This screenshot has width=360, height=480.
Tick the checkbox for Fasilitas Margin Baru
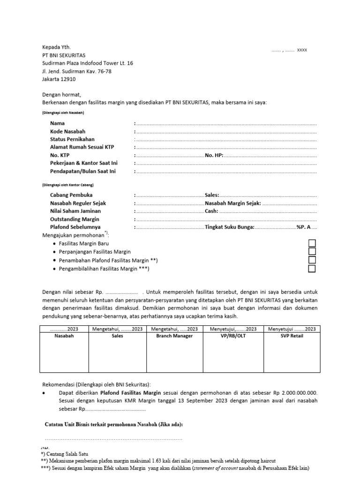pyautogui.click(x=312, y=243)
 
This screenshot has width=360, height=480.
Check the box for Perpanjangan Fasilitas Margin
pyautogui.click(x=312, y=252)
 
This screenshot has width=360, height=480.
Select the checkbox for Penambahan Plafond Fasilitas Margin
pyautogui.click(x=312, y=260)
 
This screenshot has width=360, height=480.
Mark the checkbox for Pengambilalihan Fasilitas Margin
pyautogui.click(x=312, y=269)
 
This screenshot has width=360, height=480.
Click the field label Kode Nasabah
pyautogui.click(x=68, y=131)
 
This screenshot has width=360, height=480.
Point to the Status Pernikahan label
pyautogui.click(x=72, y=139)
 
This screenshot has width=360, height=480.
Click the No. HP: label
pyautogui.click(x=214, y=155)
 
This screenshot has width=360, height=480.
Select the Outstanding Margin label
pyautogui.click(x=75, y=219)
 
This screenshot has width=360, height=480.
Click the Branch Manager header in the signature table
pyautogui.click(x=174, y=336)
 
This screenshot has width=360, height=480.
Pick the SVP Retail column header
pyautogui.click(x=292, y=336)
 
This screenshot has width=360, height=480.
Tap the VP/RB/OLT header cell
pyautogui.click(x=233, y=336)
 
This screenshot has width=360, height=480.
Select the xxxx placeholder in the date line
pyautogui.click(x=302, y=50)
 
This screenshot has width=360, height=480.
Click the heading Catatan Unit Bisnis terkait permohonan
pyautogui.click(x=113, y=424)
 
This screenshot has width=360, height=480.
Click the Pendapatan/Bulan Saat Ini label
pyautogui.click(x=83, y=171)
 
